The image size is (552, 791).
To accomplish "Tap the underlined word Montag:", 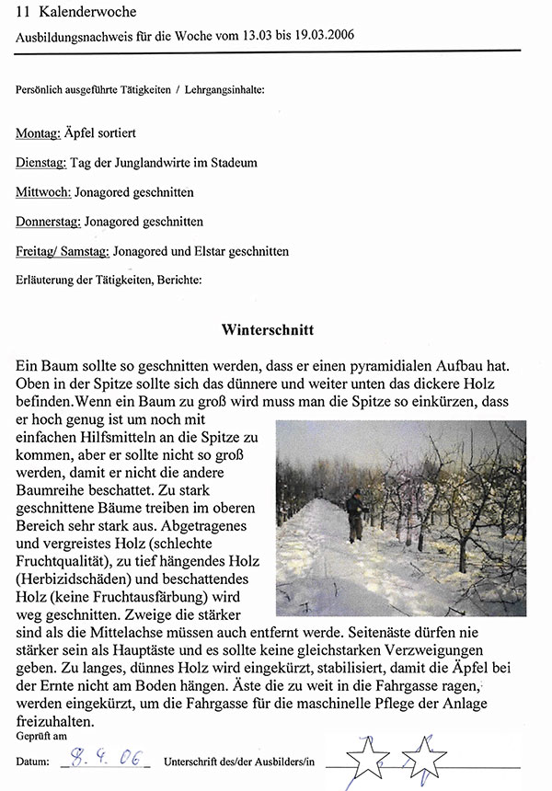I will coord(38,134).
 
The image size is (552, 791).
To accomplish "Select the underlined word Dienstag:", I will coord(40,163).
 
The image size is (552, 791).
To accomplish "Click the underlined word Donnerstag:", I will coord(48,222).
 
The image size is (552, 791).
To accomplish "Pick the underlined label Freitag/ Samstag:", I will coord(62,251).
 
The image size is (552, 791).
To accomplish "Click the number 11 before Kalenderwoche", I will coord(24,12).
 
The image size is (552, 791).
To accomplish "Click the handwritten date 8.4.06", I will coord(109,760).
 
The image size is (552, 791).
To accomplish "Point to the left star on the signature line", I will coord(367,757).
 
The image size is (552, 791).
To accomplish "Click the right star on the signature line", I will coord(424,757).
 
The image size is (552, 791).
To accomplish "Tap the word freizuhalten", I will coord(59,722).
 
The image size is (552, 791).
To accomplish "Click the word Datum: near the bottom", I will coord(31,762).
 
